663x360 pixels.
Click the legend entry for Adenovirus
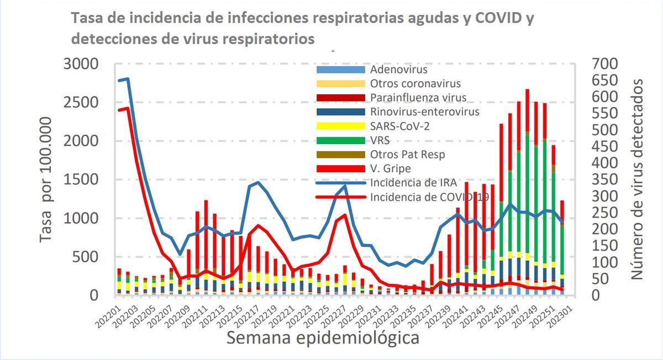tap(398, 70)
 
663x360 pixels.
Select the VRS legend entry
tap(381, 140)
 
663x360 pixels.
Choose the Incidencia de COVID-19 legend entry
tap(429, 197)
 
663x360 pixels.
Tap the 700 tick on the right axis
tap(603, 64)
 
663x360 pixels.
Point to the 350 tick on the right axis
tap(603, 180)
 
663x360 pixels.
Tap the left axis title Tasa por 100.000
tap(49, 179)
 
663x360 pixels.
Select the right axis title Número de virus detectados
tap(638, 179)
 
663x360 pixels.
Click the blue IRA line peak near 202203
tap(128, 79)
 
